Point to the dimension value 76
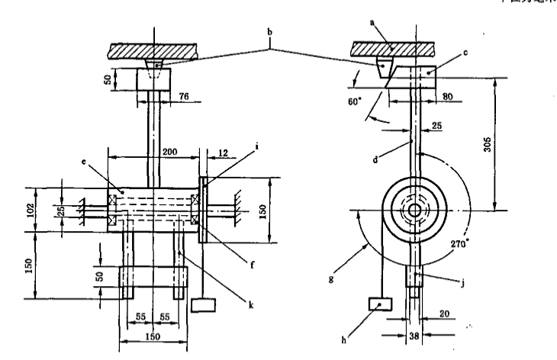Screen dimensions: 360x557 [x=183, y=95]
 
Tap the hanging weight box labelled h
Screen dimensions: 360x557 [x=378, y=304]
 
